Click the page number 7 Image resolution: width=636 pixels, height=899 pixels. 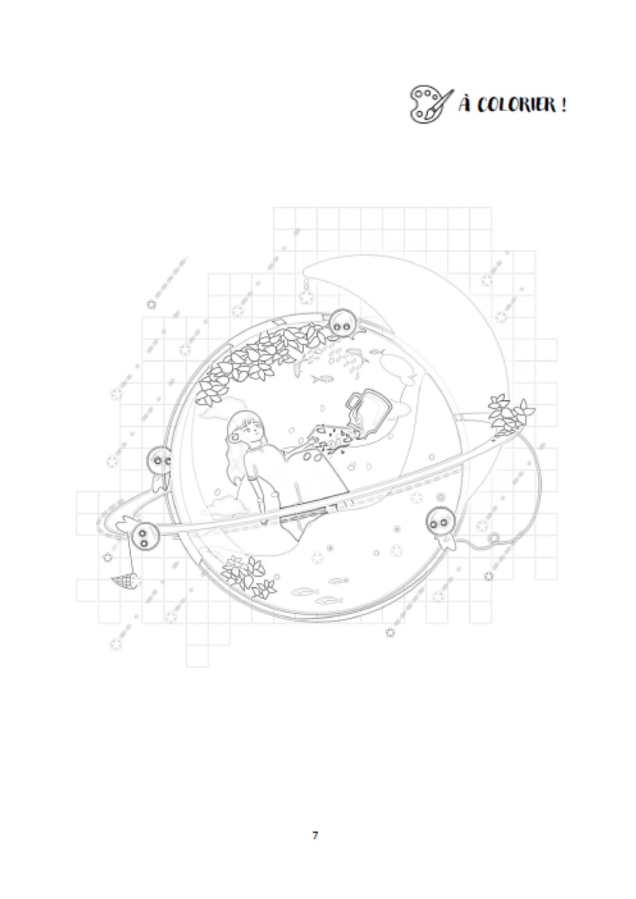(315, 835)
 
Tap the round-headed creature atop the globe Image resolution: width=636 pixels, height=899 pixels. (342, 323)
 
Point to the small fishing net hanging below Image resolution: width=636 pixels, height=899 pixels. (125, 581)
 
